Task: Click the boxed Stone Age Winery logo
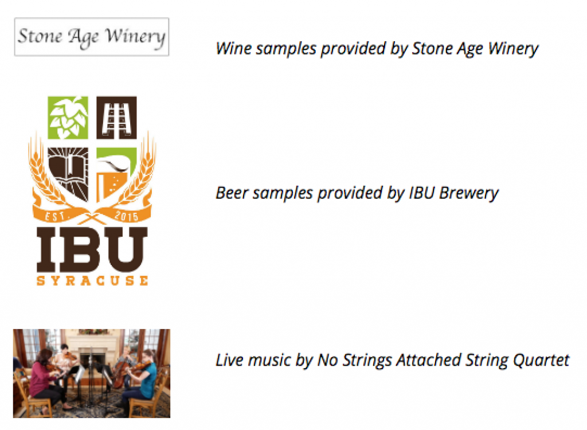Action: pyautogui.click(x=92, y=37)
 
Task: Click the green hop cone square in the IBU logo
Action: pyautogui.click(x=68, y=118)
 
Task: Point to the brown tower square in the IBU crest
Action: pyautogui.click(x=116, y=118)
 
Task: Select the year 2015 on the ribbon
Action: pyautogui.click(x=126, y=216)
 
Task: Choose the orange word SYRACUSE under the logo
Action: pyautogui.click(x=92, y=280)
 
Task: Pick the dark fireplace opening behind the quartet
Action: pyautogui.click(x=92, y=359)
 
